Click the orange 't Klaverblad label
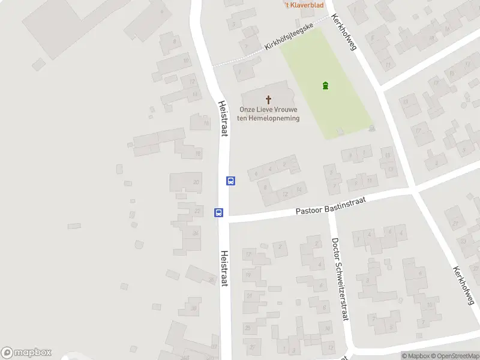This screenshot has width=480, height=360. pos(304,5)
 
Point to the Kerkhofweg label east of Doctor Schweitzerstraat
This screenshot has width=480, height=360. pos(464,284)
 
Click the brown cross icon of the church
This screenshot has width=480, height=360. pos(268,99)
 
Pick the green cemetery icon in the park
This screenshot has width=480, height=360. pos(325,85)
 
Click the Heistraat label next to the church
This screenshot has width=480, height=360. pos(223,118)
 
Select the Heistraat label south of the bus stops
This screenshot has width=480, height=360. pos(224,268)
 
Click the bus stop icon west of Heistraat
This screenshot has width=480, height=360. pos(219,212)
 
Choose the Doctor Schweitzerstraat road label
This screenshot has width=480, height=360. pos(340,279)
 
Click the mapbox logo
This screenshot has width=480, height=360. pos(26,353)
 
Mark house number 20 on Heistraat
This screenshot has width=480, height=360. pos(196,182)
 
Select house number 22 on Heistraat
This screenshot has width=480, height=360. pos(197,211)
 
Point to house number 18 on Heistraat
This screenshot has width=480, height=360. pos(198,154)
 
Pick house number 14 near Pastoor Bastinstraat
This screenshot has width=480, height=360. pos(298,190)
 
